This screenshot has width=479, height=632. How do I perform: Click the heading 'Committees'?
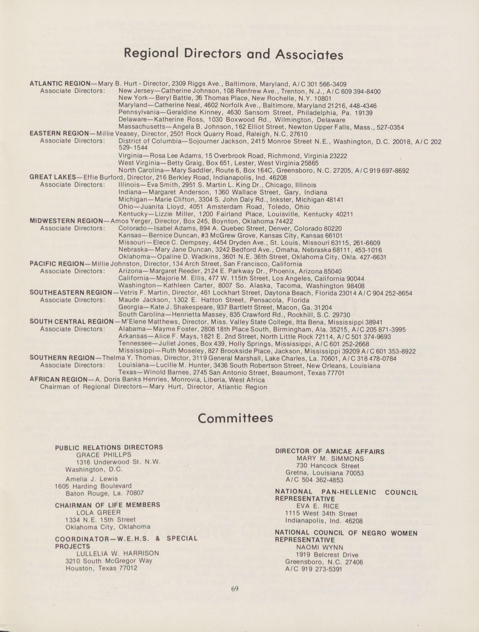coord(235,418)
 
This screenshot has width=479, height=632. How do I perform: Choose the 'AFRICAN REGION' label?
coord(58,380)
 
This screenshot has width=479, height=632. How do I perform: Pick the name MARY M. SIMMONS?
coord(330,459)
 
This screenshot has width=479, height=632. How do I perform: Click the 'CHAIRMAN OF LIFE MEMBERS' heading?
coord(107,505)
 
